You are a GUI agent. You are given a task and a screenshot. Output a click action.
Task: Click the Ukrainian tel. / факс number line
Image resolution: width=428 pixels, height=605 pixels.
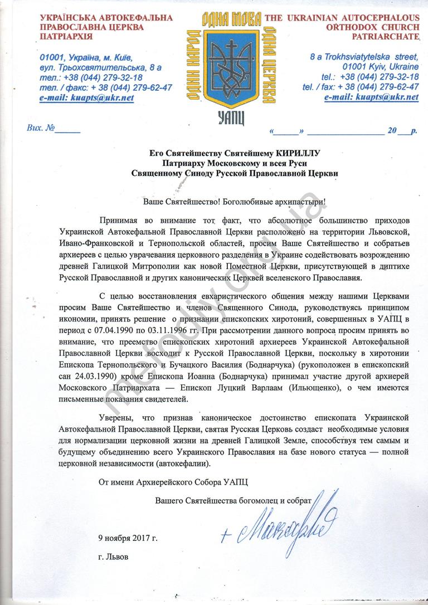[x=105, y=87]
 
